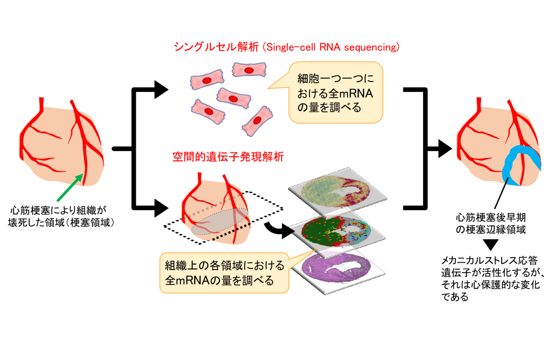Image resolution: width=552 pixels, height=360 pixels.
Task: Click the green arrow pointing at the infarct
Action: coord(70,188)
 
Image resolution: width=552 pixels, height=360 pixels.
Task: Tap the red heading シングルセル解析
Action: coord(216,47)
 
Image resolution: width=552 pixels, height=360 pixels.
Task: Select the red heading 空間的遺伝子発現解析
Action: coord(228,157)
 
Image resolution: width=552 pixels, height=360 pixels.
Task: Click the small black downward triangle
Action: coord(490,244)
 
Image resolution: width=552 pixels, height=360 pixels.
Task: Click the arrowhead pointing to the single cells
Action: coord(161,90)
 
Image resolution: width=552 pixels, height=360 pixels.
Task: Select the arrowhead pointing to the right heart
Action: coord(445,148)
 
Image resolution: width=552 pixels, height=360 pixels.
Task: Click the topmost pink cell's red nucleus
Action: coord(249,70)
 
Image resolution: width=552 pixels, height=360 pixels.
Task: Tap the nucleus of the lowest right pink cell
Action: coord(257,120)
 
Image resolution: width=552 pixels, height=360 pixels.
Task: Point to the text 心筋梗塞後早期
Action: coord(491,217)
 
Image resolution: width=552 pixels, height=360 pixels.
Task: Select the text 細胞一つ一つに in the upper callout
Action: coord(336,79)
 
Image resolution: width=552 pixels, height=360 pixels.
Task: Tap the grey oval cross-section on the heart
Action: coord(220,221)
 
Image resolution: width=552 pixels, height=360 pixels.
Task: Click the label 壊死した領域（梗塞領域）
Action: coord(61,222)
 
